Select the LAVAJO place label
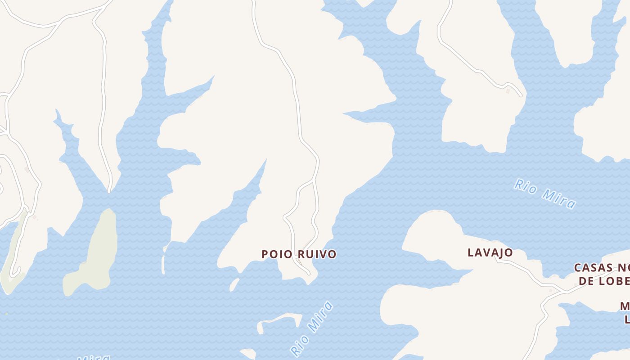tap(490, 252)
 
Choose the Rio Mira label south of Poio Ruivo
tap(312, 328)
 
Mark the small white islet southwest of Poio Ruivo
tap(234, 284)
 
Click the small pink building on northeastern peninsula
tap(508, 91)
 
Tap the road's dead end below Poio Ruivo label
tap(309, 273)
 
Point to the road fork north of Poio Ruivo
tap(314, 180)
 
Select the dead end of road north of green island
tap(109, 191)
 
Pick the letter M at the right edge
tap(625, 306)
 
